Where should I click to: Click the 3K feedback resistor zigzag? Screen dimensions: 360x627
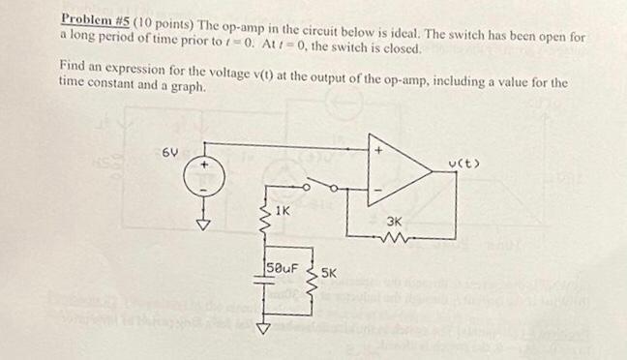[x=396, y=236]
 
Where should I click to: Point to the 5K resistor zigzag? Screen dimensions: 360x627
[x=310, y=277]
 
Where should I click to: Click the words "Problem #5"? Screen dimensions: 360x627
[x=95, y=19]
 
